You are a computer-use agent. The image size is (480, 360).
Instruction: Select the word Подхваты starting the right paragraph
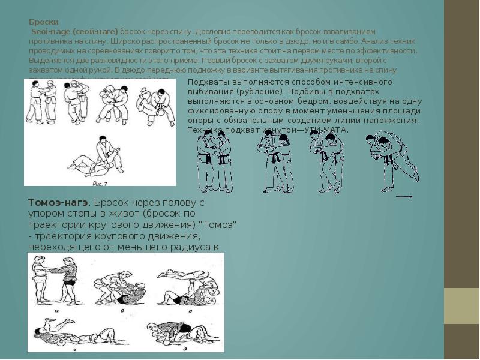pyautogui.click(x=205, y=82)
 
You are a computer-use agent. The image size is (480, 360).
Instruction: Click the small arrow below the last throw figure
pyautogui.click(x=404, y=196)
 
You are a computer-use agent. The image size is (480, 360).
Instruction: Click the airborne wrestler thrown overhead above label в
pyautogui.click(x=180, y=278)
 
